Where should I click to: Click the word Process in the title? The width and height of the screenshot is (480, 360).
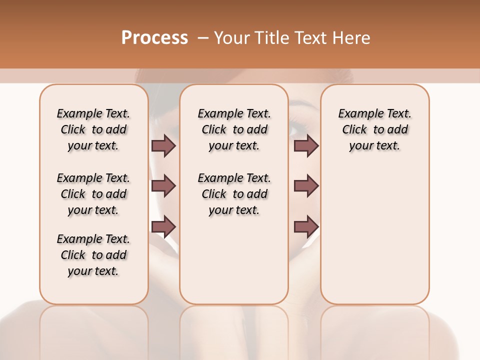point(154,37)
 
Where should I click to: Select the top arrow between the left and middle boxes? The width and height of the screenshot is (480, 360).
point(163,145)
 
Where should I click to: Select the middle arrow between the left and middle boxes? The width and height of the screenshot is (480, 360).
point(163,186)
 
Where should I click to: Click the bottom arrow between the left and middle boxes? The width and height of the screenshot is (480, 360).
point(163,226)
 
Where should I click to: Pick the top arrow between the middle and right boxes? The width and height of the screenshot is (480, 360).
point(306,145)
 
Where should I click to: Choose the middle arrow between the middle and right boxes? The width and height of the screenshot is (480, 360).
point(306,186)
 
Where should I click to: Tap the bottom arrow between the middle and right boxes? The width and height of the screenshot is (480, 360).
point(306,226)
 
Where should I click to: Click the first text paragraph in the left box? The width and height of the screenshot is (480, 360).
point(93,129)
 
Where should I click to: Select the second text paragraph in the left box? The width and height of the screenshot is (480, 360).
point(93,194)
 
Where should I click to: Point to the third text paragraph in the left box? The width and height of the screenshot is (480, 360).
point(93,255)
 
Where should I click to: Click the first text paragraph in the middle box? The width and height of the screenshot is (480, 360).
point(234,129)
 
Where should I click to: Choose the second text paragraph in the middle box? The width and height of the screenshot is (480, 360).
point(234,194)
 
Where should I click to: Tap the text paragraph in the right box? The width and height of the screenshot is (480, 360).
point(374,129)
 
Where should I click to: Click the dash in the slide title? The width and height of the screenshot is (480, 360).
point(202,38)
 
